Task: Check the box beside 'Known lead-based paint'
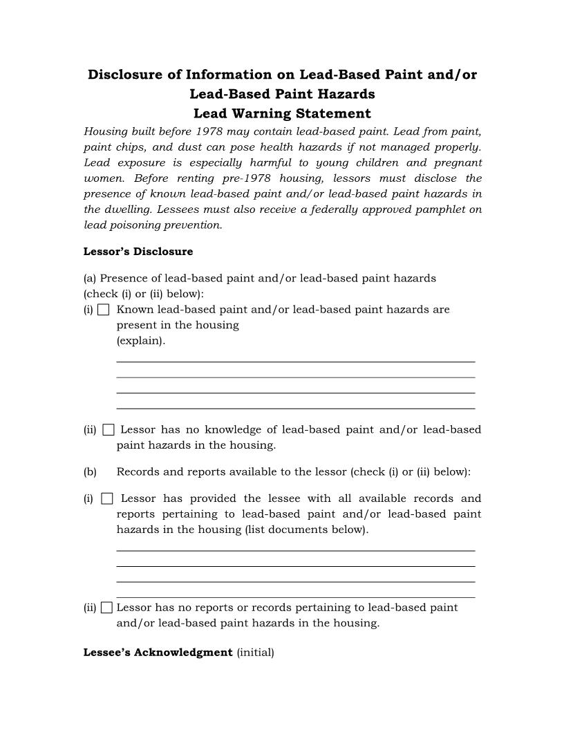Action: click(103, 310)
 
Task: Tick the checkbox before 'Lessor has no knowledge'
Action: click(108, 430)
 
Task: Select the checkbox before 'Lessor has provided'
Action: click(107, 498)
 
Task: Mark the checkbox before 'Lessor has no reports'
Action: click(106, 608)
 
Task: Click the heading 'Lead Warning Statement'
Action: click(282, 113)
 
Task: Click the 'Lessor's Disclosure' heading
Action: click(138, 252)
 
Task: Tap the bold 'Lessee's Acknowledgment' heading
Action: click(158, 653)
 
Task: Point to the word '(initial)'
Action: click(255, 653)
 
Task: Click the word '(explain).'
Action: click(141, 341)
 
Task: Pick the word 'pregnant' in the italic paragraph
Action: click(458, 163)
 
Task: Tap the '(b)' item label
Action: click(90, 472)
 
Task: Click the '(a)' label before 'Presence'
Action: click(90, 279)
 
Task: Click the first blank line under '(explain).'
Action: click(295, 360)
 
